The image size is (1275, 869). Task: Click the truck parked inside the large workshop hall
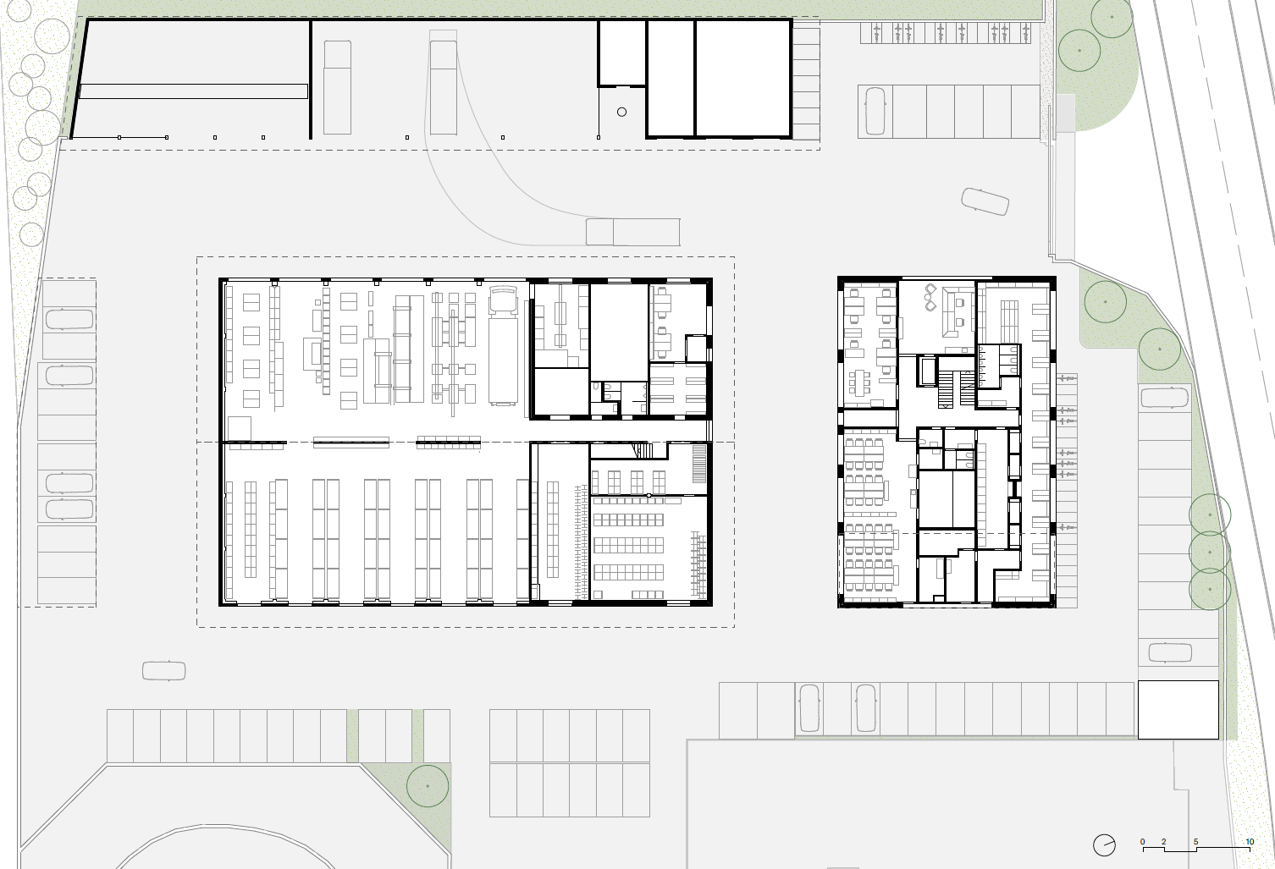[503, 346]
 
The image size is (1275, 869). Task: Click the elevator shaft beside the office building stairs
[927, 371]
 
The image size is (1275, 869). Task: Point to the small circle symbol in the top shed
[621, 112]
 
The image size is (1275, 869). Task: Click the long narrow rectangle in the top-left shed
[194, 91]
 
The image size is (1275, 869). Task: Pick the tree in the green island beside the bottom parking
[428, 786]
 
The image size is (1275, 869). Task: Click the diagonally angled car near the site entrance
[985, 201]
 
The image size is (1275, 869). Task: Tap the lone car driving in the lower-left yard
[164, 670]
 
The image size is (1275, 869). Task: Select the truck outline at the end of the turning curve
[633, 232]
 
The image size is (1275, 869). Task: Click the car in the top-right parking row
[875, 112]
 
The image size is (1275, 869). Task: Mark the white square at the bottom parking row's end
[1178, 710]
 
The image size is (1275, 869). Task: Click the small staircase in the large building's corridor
[643, 451]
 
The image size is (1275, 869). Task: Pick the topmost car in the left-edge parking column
[69, 319]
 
